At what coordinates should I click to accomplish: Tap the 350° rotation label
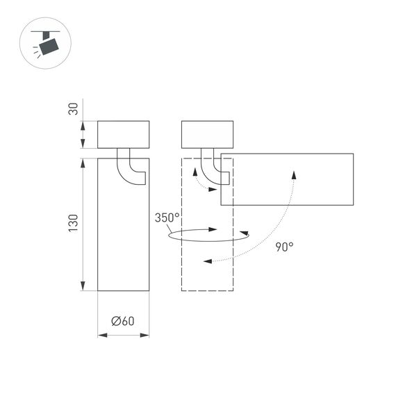pos(167,217)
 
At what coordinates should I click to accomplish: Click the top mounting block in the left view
pos(123,134)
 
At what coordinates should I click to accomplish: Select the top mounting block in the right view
pos(207,134)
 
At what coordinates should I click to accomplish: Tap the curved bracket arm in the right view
pos(213,169)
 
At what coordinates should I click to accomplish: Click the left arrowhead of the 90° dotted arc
pos(207,261)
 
